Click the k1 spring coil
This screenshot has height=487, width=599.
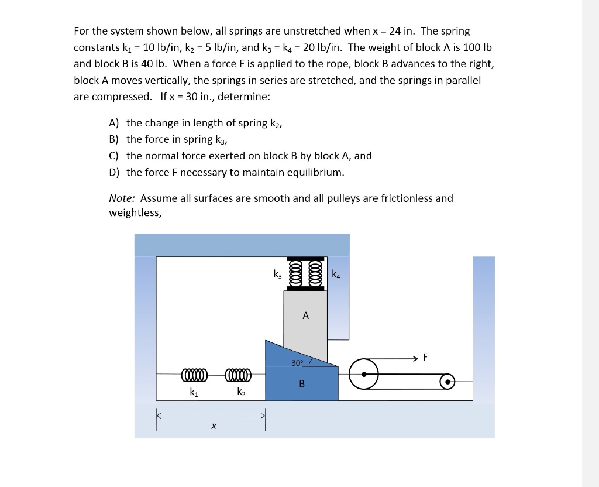pyautogui.click(x=194, y=374)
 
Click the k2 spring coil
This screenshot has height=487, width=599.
pyautogui.click(x=237, y=374)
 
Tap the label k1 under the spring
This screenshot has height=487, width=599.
pyautogui.click(x=194, y=393)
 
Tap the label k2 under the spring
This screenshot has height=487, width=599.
pyautogui.click(x=241, y=393)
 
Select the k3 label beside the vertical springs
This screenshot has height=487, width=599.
pyautogui.click(x=278, y=273)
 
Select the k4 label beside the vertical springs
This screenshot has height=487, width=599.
pyautogui.click(x=335, y=273)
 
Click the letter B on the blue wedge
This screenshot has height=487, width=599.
pyautogui.click(x=302, y=384)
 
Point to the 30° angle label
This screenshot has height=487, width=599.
pyautogui.click(x=297, y=363)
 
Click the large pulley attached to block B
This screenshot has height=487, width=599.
pyautogui.click(x=364, y=373)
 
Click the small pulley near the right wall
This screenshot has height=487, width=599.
pyautogui.click(x=447, y=382)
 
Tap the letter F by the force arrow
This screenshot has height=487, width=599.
pyautogui.click(x=425, y=356)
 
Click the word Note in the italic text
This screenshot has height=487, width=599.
pyautogui.click(x=122, y=198)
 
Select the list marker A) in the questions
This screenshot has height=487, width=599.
pyautogui.click(x=113, y=123)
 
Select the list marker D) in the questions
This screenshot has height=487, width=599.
pyautogui.click(x=114, y=172)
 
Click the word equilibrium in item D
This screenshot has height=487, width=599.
pyautogui.click(x=313, y=172)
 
